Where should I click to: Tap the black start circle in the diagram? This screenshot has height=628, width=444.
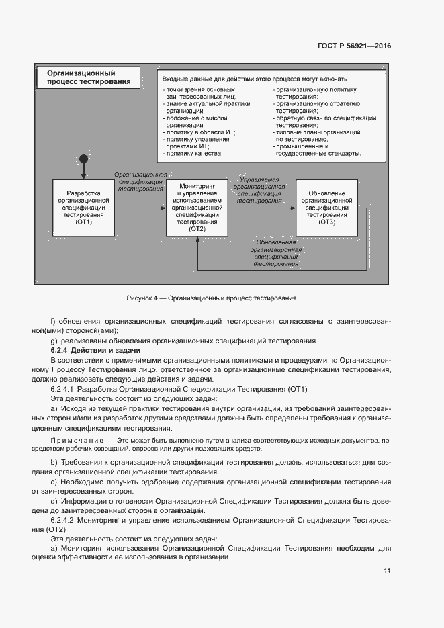click(83, 160)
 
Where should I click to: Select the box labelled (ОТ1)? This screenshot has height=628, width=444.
click(83, 208)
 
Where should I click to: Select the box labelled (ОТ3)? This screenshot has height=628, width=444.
click(326, 208)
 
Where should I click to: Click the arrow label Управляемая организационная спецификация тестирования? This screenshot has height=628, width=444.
click(259, 190)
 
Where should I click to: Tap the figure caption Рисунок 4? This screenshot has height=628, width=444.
click(211, 298)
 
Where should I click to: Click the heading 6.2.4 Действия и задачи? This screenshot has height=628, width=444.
click(95, 351)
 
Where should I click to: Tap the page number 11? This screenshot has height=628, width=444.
click(387, 571)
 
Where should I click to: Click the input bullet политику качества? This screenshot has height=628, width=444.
click(193, 154)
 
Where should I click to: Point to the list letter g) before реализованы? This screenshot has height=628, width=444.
click(53, 341)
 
